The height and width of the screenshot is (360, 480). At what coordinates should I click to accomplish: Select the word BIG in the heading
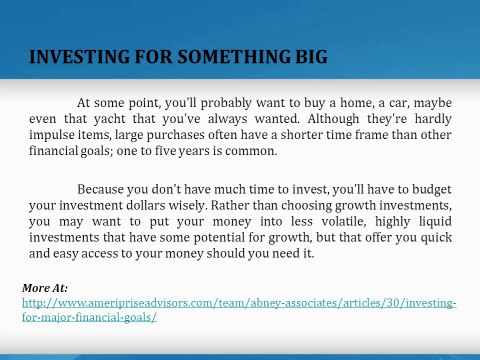click(307, 55)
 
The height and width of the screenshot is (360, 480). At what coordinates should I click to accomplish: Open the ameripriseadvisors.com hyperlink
click(240, 302)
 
